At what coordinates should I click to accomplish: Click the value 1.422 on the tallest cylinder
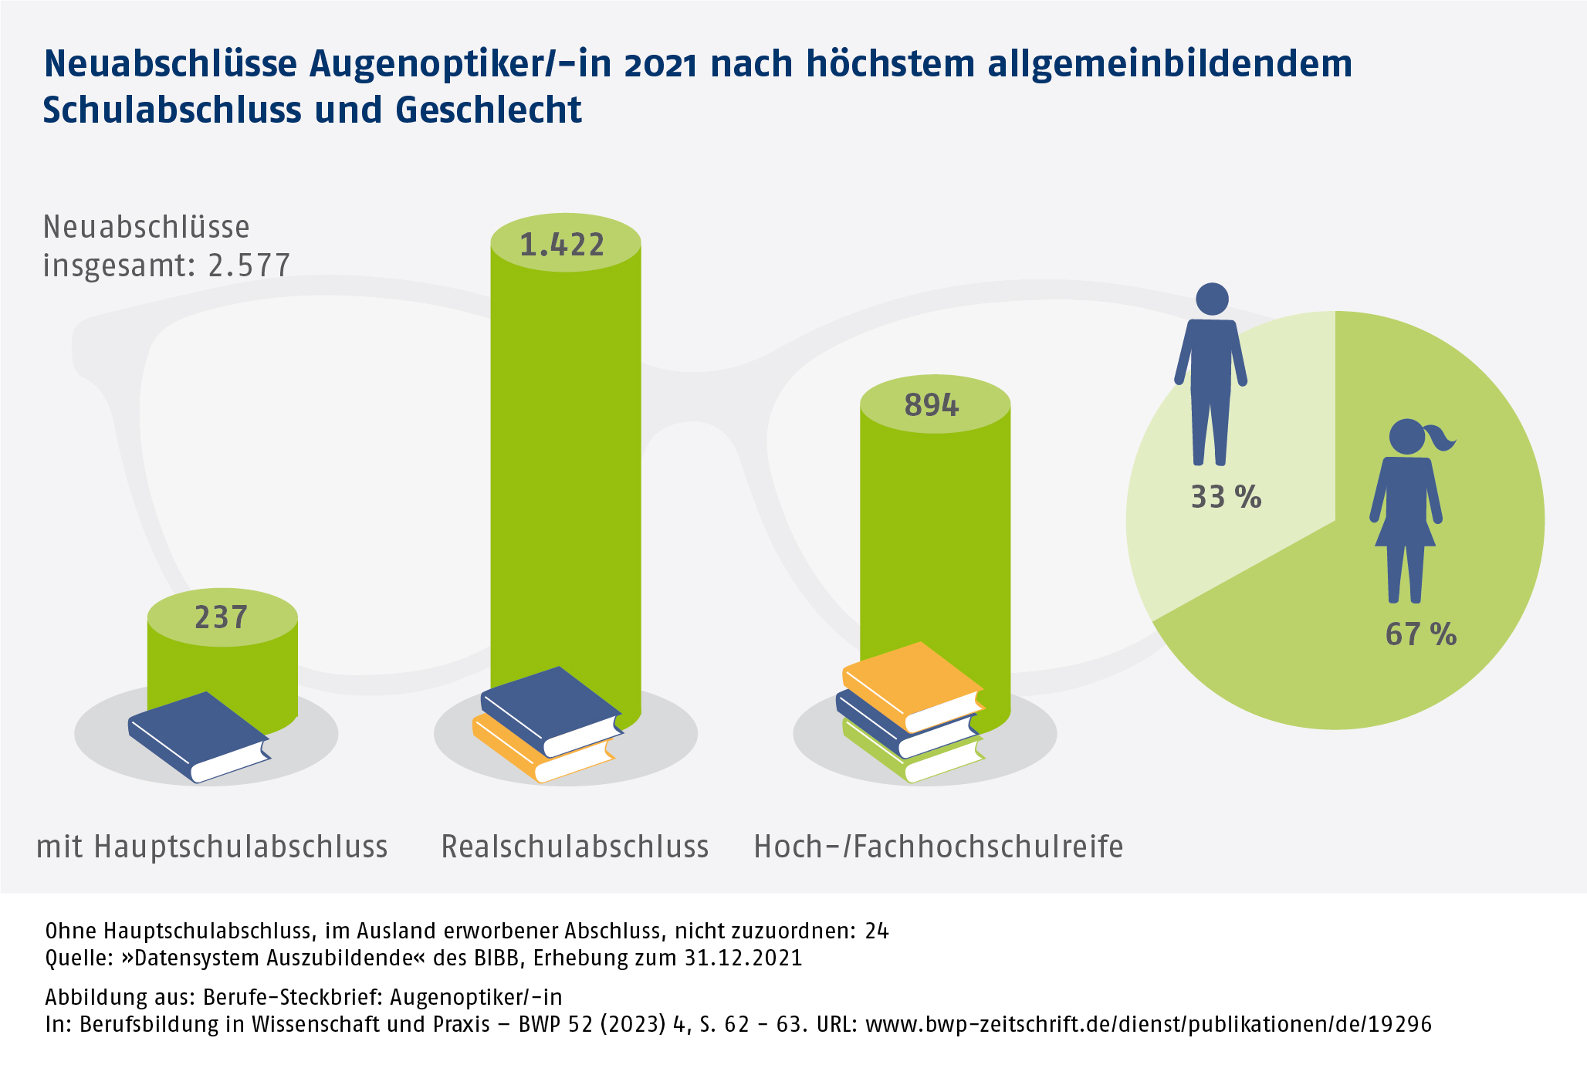click(562, 245)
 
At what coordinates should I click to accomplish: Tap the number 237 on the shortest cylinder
click(222, 617)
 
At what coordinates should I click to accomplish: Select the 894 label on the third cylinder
click(932, 405)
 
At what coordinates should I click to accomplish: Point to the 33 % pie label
click(1226, 497)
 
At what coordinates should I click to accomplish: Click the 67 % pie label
click(1420, 634)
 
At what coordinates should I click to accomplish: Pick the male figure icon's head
click(1212, 299)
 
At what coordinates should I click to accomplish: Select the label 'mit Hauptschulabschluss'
click(212, 847)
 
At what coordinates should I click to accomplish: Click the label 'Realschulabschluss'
click(575, 847)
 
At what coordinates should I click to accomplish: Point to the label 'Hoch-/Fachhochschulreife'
click(939, 847)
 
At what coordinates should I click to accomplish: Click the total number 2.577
click(249, 265)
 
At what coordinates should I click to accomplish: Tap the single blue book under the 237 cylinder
click(199, 733)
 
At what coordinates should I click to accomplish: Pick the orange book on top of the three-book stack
click(911, 683)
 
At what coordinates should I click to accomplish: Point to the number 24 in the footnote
click(878, 931)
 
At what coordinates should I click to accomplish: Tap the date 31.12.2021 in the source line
click(743, 958)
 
